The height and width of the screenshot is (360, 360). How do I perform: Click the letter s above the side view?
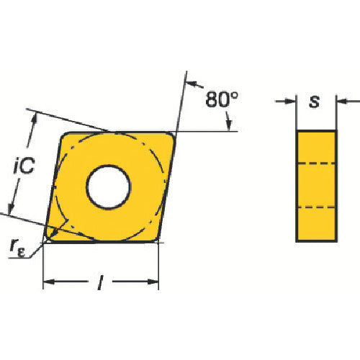click(x=315, y=102)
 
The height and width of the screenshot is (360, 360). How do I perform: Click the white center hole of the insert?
click(x=109, y=187)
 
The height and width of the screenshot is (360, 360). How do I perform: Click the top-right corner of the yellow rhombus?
click(x=174, y=134)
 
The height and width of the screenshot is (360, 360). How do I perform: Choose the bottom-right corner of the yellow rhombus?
click(x=154, y=240)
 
